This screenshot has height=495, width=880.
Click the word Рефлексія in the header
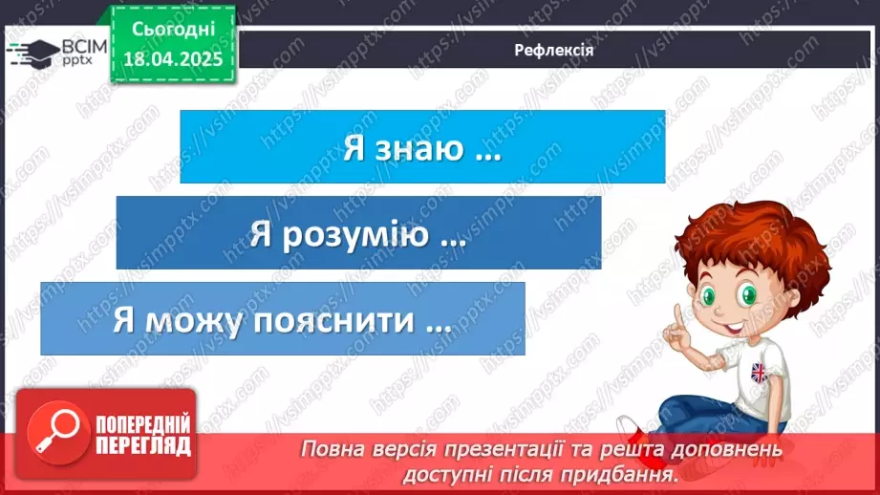click(553, 50)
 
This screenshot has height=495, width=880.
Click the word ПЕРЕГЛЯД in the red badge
click(142, 446)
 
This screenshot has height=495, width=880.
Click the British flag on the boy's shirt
click(759, 372)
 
